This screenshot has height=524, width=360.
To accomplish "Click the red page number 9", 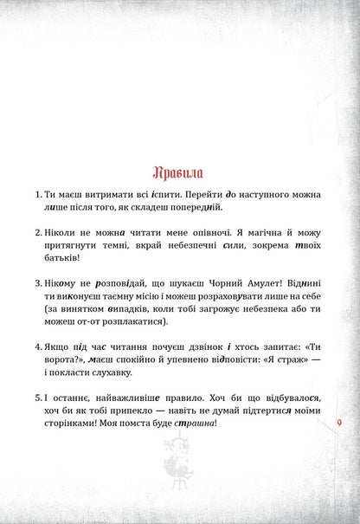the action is (337, 424).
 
